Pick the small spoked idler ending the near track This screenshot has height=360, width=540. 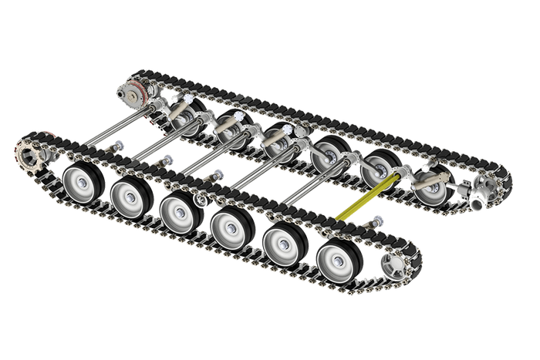[395, 266]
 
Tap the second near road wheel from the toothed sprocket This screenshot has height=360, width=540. [129, 197]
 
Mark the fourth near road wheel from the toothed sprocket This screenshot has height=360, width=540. [229, 226]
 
